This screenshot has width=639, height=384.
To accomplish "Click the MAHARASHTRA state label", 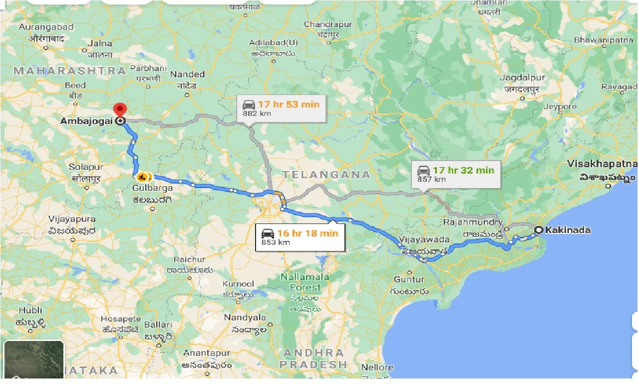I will (x=69, y=70).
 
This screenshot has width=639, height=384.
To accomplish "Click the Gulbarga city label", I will (x=153, y=188).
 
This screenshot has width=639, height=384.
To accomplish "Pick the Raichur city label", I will (x=189, y=259).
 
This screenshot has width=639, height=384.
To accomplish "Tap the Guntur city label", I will (x=408, y=279).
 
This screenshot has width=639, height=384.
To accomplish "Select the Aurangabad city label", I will (x=46, y=26).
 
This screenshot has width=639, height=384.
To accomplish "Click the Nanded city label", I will (x=187, y=74).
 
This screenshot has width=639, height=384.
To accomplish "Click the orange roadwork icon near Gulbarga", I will (x=142, y=176).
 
